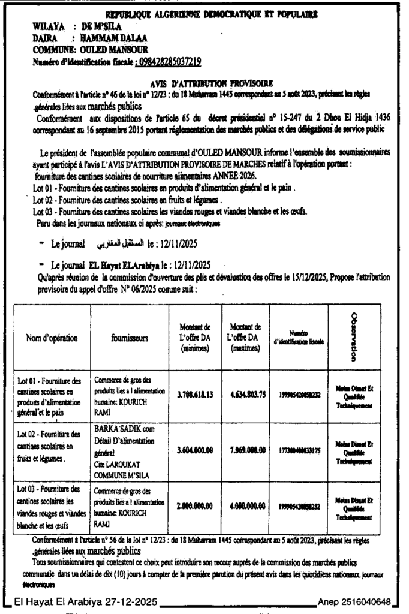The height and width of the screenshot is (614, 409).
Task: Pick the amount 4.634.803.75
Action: point(245,393)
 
